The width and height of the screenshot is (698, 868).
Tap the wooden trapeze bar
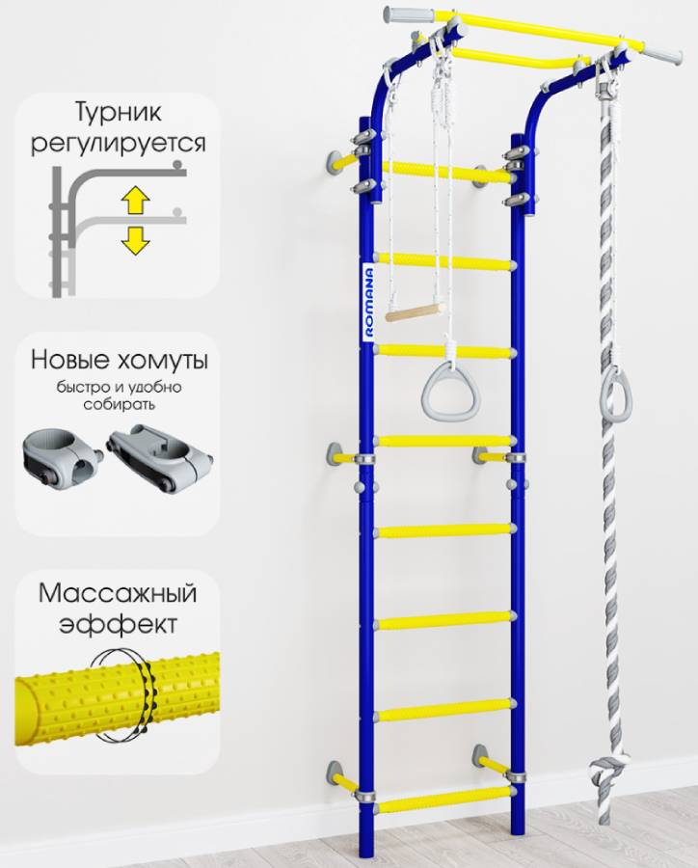click(415, 312)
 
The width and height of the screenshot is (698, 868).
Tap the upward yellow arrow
click(135, 201)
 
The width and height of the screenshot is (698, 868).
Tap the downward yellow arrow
click(135, 239)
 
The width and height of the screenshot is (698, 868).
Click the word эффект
click(118, 623)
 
